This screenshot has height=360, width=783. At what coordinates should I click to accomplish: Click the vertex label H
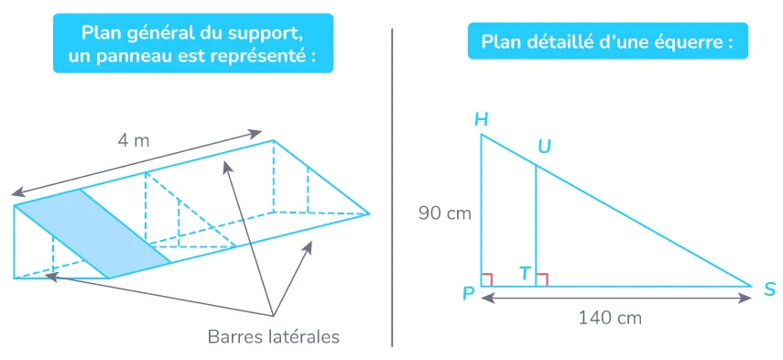(x=481, y=119)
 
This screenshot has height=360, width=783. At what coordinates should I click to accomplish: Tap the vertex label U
(x=544, y=147)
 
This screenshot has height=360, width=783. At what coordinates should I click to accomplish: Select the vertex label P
(x=468, y=293)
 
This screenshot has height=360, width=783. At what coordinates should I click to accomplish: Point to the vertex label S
(x=769, y=289)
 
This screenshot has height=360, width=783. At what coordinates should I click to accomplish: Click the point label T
(x=524, y=273)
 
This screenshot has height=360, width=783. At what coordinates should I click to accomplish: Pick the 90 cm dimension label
(x=444, y=213)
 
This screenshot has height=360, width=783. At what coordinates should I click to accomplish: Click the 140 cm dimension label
(x=609, y=318)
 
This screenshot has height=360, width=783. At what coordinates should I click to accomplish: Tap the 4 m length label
(x=134, y=140)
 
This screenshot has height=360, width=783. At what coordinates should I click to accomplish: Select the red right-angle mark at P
(x=488, y=279)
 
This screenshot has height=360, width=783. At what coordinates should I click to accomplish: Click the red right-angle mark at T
(x=541, y=279)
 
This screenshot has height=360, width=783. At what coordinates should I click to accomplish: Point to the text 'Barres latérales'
(x=273, y=337)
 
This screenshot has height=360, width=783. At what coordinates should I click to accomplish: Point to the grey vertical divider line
(x=392, y=183)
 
